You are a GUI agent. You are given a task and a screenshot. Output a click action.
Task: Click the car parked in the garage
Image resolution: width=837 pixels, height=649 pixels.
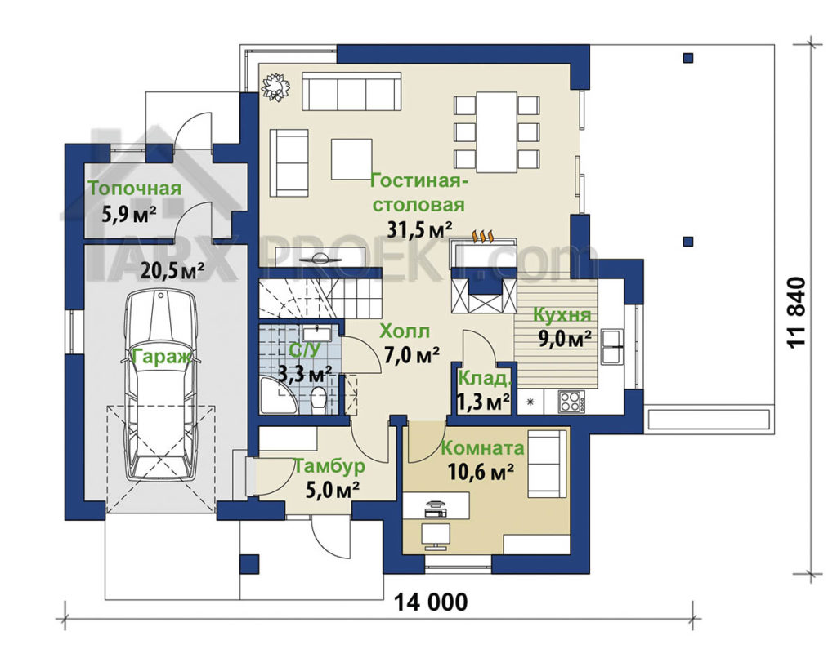point(160,386)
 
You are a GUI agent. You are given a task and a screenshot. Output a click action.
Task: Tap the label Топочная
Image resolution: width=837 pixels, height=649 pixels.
point(135,189)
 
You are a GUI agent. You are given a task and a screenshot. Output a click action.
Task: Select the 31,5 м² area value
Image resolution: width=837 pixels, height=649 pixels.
point(420,229)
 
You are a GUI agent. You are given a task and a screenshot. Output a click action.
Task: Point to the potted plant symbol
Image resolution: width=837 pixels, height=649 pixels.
point(275,87)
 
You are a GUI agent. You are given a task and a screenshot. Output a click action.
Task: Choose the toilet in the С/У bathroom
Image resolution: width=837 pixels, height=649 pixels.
point(319,399)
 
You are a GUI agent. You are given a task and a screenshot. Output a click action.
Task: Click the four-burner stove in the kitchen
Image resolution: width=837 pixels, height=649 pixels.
point(571,402)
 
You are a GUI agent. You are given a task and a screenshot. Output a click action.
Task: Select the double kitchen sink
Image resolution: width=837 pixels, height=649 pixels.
point(612,347)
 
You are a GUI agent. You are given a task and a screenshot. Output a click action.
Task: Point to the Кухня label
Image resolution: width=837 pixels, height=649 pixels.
point(562,315)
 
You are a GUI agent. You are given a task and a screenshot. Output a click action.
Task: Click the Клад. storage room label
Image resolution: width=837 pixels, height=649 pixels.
point(485,379)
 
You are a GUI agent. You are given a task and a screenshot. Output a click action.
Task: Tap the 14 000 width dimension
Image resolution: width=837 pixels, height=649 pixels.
point(431,602)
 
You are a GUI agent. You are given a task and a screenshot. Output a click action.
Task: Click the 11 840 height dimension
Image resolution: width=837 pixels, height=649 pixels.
point(796,313)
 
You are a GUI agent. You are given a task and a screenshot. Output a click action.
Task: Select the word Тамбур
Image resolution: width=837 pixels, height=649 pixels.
point(330,467)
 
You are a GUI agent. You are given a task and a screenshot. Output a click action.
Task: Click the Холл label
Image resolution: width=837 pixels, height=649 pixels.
point(405,331)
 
